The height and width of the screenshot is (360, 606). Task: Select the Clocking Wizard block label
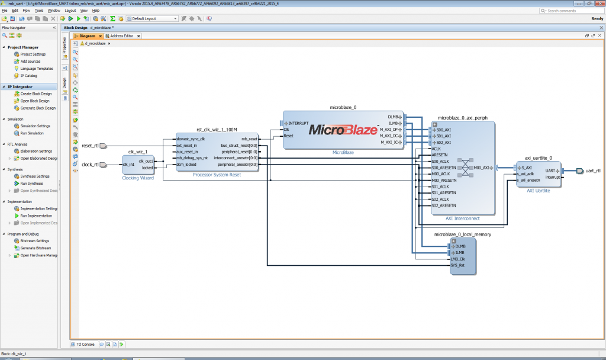[137, 178]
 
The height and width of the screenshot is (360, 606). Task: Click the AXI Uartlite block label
[539, 191]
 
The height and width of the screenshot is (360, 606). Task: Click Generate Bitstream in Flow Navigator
[36, 248]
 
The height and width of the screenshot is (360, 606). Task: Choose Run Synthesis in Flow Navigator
[33, 184]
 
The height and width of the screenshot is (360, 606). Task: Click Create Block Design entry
[36, 94]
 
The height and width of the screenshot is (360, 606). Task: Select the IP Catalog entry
[29, 76]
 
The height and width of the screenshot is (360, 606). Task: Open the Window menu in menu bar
[53, 11]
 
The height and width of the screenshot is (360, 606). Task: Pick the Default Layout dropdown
[154, 19]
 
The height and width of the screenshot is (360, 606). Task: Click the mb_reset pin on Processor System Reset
[249, 139]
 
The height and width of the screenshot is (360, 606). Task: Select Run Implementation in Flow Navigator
[35, 216]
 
